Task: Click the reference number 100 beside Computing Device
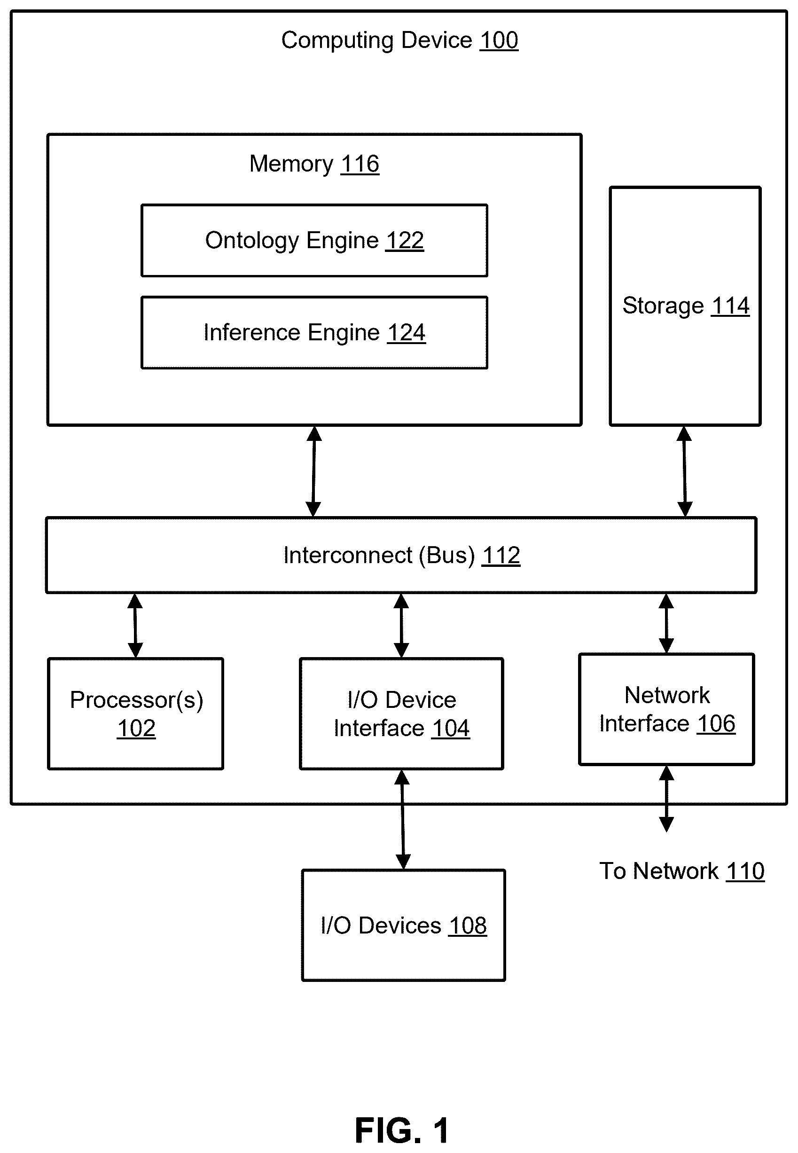pos(499,40)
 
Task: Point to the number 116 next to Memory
pos(360,164)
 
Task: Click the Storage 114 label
pos(686,306)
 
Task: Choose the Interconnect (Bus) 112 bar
pos(401,556)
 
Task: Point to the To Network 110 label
pos(682,871)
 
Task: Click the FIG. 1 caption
pos(401,1130)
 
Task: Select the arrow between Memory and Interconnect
pos(313,471)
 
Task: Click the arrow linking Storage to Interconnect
pos(684,471)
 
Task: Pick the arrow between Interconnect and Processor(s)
pos(135,626)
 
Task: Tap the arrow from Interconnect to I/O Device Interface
pos(401,626)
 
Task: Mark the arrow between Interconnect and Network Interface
pos(666,623)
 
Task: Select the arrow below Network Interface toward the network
pos(666,799)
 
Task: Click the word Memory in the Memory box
pos(291,164)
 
